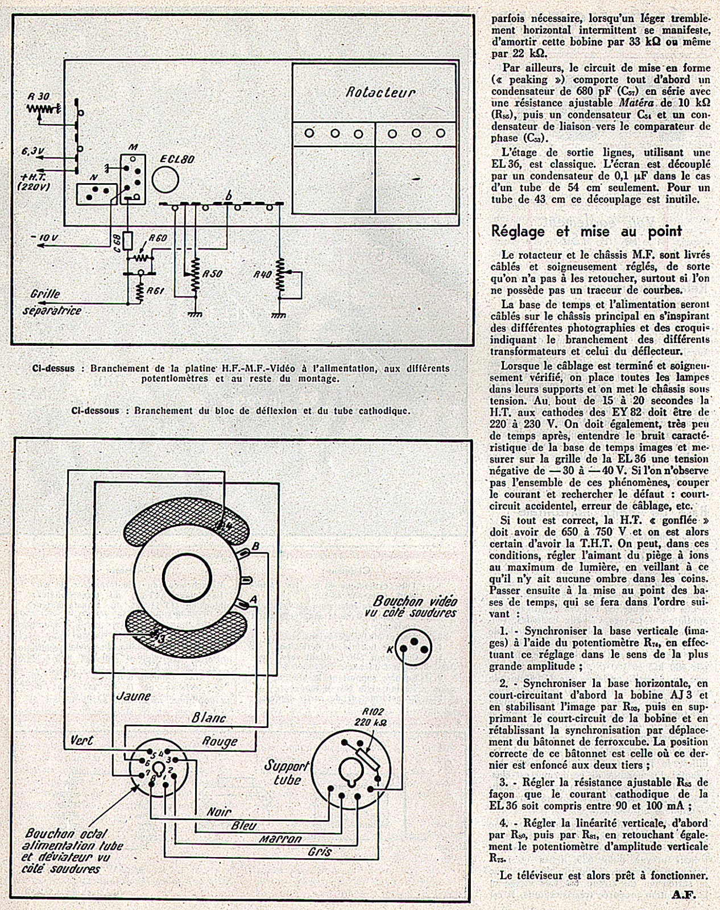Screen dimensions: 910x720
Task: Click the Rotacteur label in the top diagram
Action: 380,92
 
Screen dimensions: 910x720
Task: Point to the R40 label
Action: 262,274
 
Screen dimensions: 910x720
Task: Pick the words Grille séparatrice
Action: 52,303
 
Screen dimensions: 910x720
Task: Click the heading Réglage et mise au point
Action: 586,231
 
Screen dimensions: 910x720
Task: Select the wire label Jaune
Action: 133,696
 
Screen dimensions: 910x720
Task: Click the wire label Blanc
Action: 209,718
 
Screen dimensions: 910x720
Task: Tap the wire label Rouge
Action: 220,742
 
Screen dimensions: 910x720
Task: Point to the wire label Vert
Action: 81,741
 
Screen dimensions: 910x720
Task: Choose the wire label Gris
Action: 319,851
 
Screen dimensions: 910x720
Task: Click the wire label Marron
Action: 280,838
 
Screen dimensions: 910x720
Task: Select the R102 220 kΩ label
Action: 371,717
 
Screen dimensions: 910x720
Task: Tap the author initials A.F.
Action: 684,894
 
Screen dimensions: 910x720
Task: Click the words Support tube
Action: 287,772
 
